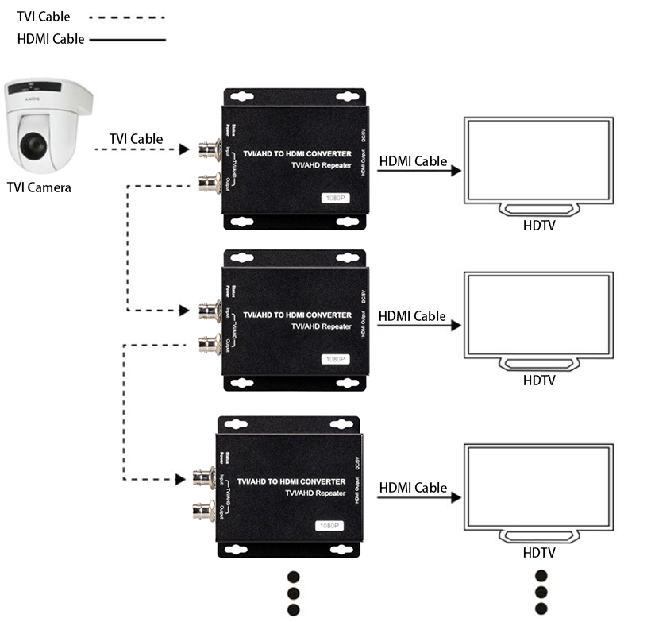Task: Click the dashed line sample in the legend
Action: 127,17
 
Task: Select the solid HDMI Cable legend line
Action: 128,39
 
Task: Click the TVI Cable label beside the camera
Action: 136,139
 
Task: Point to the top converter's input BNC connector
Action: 210,149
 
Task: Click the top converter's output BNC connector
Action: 210,182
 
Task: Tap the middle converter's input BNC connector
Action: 210,309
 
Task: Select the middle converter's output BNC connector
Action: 210,343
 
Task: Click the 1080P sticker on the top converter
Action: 334,197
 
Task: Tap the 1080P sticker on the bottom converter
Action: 328,525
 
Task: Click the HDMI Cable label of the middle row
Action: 412,316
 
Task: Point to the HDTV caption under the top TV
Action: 539,225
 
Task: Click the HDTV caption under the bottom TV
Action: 539,553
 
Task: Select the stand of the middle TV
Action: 539,363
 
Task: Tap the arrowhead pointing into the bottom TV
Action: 456,497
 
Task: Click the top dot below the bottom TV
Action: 541,577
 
